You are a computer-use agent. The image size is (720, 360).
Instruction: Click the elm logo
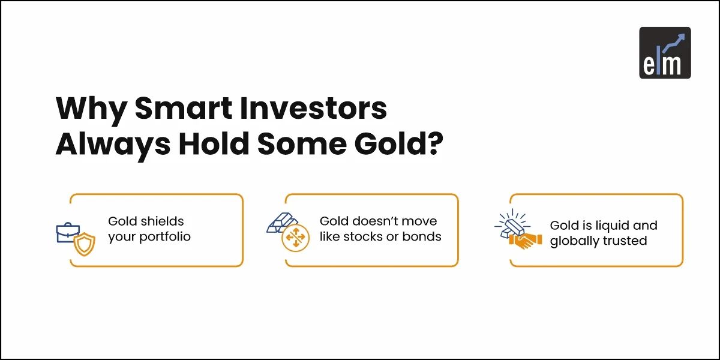[x=665, y=53]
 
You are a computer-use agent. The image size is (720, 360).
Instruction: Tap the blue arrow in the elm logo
[x=674, y=43]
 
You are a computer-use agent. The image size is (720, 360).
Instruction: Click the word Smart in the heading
[x=183, y=109]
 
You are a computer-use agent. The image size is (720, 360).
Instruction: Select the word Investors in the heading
[x=313, y=109]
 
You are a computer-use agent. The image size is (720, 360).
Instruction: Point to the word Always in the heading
[x=113, y=145]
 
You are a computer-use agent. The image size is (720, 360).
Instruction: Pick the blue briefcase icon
[x=68, y=232]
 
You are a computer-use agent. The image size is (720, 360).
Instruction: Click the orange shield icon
[x=84, y=244]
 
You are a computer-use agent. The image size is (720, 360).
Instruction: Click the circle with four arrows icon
[x=295, y=238]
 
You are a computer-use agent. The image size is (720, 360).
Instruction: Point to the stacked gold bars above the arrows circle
[x=282, y=223]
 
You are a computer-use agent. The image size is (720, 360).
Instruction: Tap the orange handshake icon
[x=525, y=241]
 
